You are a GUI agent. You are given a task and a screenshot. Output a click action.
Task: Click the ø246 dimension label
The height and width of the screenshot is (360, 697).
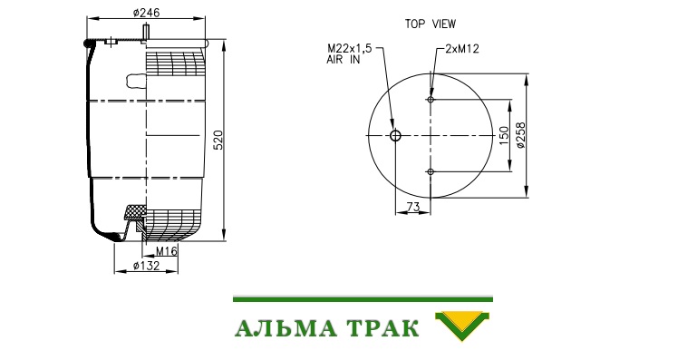pos(146,13)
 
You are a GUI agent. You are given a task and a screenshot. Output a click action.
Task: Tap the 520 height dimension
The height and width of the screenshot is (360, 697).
pos(218,140)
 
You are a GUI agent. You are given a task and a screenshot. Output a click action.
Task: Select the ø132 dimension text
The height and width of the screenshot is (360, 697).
pos(146,266)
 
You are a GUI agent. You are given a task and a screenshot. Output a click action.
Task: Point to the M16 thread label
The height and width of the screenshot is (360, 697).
pos(167,251)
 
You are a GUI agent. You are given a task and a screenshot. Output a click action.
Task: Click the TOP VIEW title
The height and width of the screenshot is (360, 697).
pos(431,24)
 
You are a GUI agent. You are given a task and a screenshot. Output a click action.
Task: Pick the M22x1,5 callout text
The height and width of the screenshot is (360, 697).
pos(349,48)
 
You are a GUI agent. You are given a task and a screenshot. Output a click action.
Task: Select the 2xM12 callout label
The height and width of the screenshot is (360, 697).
pos(462,49)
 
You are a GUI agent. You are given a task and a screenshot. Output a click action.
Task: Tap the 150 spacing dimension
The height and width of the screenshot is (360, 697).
pos(503,135)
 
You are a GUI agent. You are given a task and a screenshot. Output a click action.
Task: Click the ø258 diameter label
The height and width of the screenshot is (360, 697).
pos(520,135)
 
